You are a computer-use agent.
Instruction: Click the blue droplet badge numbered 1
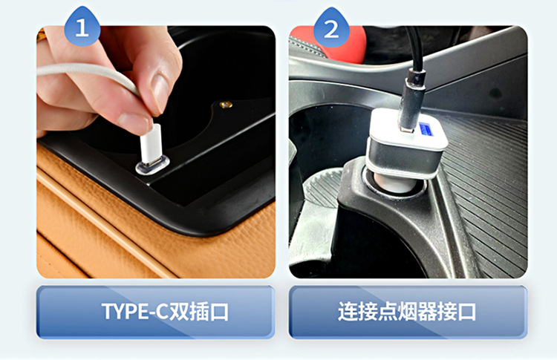pyautogui.click(x=82, y=27)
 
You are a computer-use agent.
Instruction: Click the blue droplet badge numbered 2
pyautogui.click(x=331, y=27)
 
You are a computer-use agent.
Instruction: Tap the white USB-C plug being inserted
pyautogui.click(x=151, y=144)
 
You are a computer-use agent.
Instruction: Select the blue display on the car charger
pyautogui.click(x=426, y=130)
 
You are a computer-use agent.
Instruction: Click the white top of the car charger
pyautogui.click(x=408, y=128)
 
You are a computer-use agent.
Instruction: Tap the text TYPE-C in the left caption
pyautogui.click(x=134, y=311)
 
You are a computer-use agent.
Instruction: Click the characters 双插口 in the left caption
pyautogui.click(x=198, y=311)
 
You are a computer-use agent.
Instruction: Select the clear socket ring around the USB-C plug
pyautogui.click(x=152, y=167)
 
